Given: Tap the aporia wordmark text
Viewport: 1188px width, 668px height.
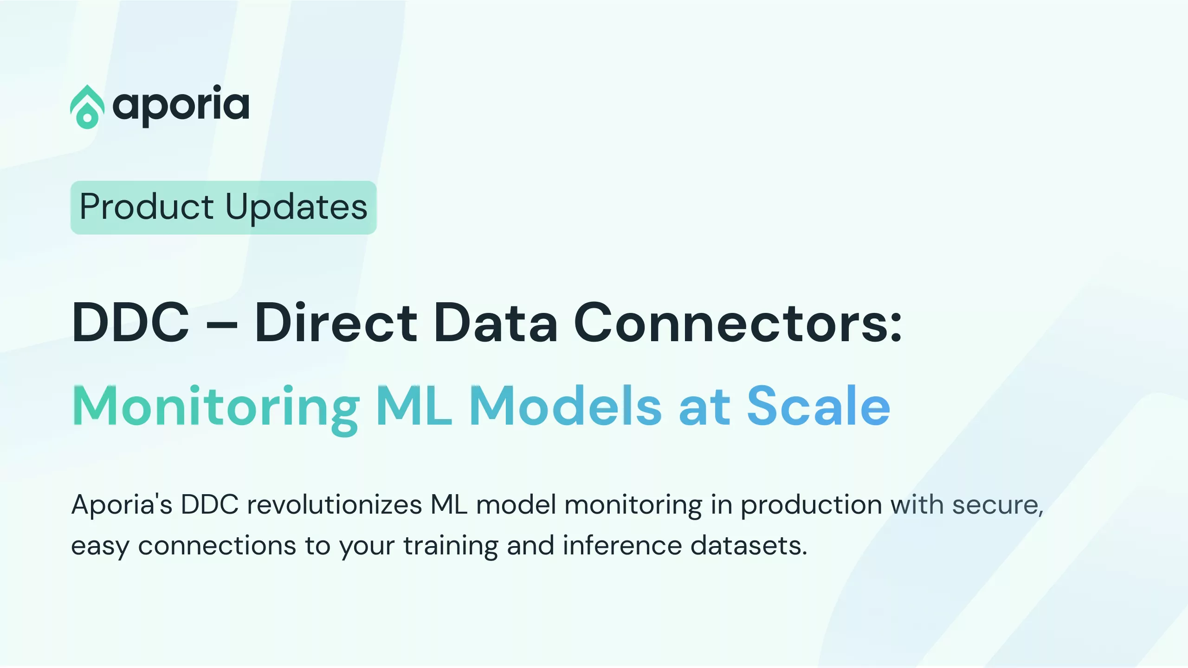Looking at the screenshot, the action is (x=181, y=106).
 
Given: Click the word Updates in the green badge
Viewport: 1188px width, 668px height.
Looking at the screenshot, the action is (x=297, y=208).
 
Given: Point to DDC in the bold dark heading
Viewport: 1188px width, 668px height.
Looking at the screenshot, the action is (x=131, y=322).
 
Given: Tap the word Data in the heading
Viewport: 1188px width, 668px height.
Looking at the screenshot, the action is (x=495, y=322).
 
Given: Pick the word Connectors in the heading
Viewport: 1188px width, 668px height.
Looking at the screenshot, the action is (x=731, y=323).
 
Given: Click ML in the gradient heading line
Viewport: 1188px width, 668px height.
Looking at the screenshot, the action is (x=414, y=405).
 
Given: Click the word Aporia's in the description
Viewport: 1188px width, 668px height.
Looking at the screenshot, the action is (x=122, y=504).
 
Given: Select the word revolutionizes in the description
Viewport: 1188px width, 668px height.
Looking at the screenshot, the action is (x=334, y=504).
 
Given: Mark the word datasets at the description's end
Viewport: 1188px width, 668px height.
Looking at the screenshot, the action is (x=749, y=545).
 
